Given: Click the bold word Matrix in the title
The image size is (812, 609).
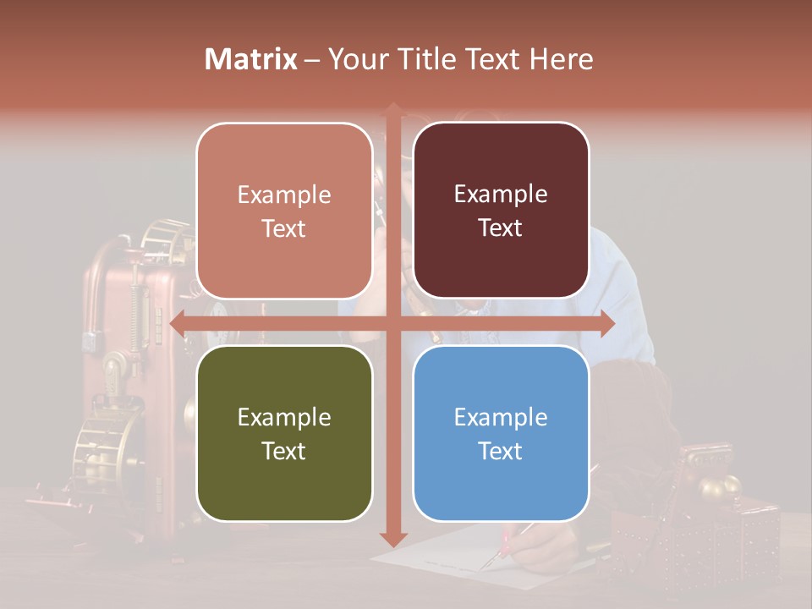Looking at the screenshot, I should point(251,59).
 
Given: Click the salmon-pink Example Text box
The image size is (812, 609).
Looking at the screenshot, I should point(284,211).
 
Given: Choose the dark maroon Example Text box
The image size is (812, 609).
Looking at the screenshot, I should point(501,211).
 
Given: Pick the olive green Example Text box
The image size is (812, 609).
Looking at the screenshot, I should point(284,433).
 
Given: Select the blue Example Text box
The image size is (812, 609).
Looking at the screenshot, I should point(501,433).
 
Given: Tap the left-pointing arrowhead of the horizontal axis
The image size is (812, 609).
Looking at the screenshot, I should point(178,323).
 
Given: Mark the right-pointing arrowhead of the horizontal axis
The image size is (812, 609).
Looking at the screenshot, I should point(607,323).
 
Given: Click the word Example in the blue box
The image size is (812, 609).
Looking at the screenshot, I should point(501,417).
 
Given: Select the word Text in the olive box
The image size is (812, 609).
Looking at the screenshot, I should point(284,451).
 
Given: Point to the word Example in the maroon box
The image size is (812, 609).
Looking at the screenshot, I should point(501,194).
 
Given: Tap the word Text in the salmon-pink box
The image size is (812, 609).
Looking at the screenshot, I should point(284,228).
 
